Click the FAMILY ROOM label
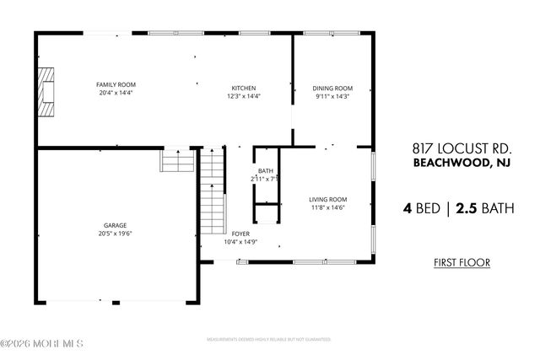tap(116, 85)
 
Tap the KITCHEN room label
tap(244, 89)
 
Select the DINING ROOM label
tap(332, 89)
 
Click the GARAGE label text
tap(115, 226)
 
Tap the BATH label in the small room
tap(265, 170)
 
